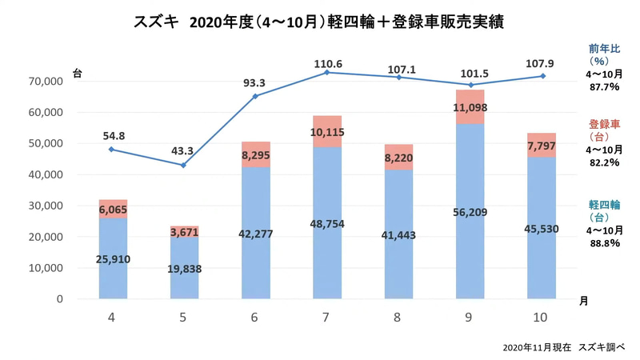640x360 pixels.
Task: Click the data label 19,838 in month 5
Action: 183,269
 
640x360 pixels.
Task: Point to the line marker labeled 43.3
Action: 183,166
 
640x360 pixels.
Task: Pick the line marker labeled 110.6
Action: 326,73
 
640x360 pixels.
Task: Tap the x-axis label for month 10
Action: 540,318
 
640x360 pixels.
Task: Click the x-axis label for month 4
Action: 112,318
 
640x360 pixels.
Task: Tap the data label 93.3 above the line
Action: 255,80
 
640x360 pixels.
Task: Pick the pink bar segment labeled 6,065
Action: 112,209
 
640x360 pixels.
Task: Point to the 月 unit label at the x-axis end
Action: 582,300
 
